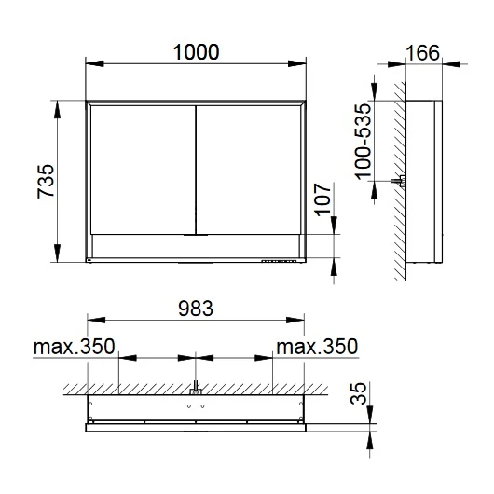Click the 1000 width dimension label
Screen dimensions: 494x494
pos(196,52)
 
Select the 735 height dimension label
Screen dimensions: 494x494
pos(46,181)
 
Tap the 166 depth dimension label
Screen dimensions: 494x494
pos(422,53)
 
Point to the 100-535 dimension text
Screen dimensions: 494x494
pos(363,142)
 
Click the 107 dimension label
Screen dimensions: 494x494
pos(323,199)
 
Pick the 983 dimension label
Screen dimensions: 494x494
pos(196,309)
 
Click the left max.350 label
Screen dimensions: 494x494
pos(74,347)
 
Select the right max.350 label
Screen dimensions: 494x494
pos(317,347)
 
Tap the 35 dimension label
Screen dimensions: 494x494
pos(359,393)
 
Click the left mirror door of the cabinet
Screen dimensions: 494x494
pos(143,170)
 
